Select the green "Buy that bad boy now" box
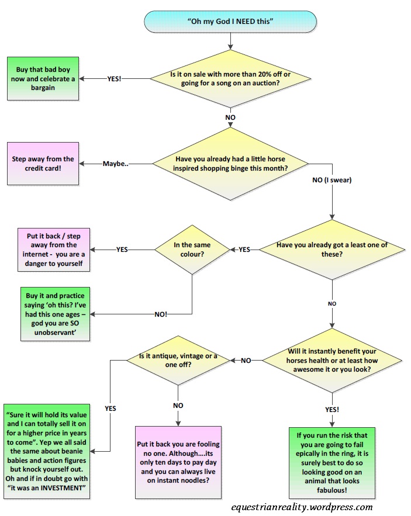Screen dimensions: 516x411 [43, 78]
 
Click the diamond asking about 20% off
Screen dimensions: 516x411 [232, 78]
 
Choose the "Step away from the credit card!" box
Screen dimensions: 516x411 [43, 163]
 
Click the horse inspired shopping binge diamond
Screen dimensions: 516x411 [232, 162]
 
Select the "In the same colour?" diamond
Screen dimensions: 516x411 [192, 249]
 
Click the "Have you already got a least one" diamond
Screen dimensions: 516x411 [331, 250]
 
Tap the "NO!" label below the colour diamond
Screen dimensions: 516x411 [160, 314]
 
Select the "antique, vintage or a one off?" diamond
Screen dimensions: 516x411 [178, 361]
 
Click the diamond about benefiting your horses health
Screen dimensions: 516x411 [331, 361]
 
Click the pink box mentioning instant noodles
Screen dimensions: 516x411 [178, 456]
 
